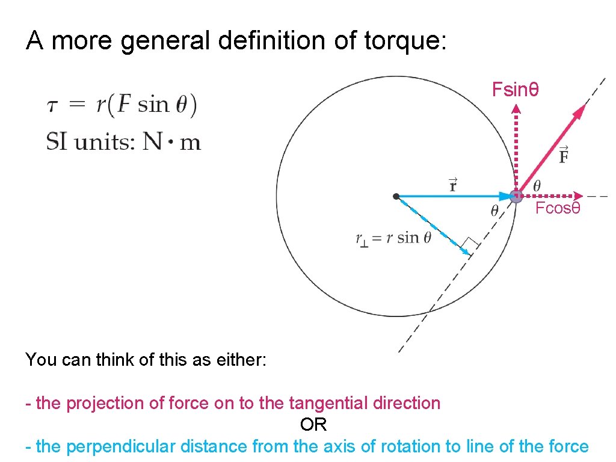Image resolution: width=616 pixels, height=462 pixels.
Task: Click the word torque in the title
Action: click(x=405, y=41)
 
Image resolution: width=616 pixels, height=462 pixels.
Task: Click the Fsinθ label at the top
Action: click(x=515, y=90)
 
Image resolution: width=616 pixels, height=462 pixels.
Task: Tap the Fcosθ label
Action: click(x=558, y=209)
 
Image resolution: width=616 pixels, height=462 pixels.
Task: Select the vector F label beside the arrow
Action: click(x=564, y=155)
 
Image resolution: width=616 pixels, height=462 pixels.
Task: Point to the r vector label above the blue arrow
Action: click(x=452, y=184)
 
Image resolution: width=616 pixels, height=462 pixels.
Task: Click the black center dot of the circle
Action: click(x=395, y=196)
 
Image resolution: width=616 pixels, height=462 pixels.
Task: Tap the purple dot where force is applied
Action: click(x=516, y=196)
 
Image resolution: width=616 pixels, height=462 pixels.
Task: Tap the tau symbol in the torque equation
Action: click(x=53, y=106)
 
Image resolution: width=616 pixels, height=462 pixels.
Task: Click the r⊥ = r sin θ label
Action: click(x=393, y=238)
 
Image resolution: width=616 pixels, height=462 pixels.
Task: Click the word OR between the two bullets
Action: click(x=313, y=425)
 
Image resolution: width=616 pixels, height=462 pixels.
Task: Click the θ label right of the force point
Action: click(x=537, y=185)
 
